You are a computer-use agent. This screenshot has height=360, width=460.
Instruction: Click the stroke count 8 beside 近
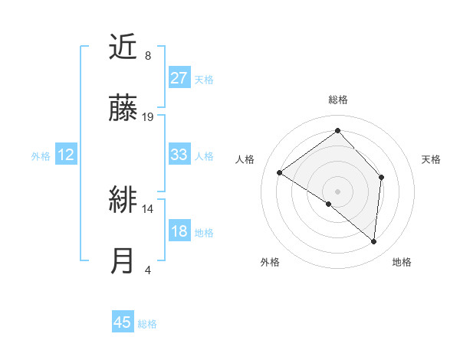click(148, 56)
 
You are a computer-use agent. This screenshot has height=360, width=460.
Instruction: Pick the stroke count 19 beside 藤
click(149, 116)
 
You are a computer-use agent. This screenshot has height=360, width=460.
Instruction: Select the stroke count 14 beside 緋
click(149, 208)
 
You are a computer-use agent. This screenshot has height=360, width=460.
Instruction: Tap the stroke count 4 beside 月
click(148, 270)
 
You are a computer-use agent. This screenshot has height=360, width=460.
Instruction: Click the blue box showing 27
click(179, 78)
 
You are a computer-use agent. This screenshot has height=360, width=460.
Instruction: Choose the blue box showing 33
click(179, 155)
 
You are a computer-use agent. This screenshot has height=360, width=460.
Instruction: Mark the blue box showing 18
click(179, 231)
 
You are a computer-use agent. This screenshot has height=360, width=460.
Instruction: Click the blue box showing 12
click(65, 155)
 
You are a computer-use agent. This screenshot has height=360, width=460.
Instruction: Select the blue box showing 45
click(123, 322)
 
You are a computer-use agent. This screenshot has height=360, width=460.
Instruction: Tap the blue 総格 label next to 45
click(147, 324)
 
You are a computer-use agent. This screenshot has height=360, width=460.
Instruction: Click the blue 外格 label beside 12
click(41, 156)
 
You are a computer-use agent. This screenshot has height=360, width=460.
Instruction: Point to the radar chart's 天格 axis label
click(431, 159)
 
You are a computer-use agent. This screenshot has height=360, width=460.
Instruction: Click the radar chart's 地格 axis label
click(402, 262)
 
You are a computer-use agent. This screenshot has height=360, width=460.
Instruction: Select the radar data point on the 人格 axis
click(280, 173)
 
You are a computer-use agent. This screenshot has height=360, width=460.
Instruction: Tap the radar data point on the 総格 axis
click(337, 130)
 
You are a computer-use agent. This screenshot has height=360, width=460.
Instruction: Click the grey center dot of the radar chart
click(337, 191)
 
